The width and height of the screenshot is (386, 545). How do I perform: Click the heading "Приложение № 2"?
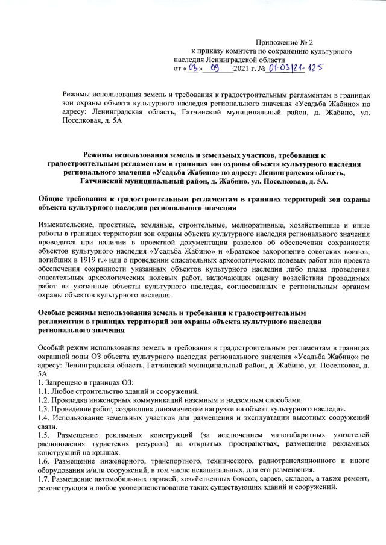[x=284, y=43]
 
